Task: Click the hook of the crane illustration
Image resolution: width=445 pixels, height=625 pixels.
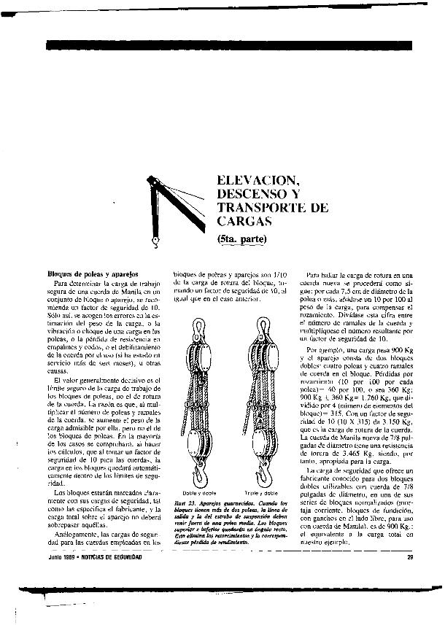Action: (155, 238)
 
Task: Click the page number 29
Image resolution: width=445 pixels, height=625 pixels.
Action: (410, 557)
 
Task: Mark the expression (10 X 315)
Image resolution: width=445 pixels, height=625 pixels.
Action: (340, 422)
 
